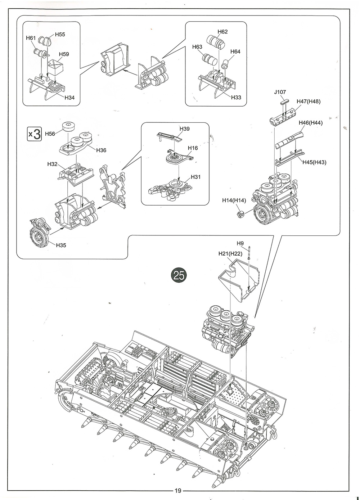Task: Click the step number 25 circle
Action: click(x=179, y=275)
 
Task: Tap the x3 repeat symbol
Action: click(x=35, y=134)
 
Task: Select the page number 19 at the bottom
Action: click(x=178, y=490)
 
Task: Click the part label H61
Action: click(x=31, y=38)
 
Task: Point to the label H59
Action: click(x=64, y=54)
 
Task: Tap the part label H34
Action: click(x=70, y=98)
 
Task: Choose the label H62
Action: click(x=222, y=32)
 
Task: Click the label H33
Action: click(x=236, y=98)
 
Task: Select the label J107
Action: click(x=280, y=92)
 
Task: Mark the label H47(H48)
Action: click(x=308, y=102)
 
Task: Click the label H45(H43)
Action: click(x=314, y=162)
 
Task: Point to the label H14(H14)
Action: click(x=234, y=200)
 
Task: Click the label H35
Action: click(x=61, y=245)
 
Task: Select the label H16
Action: click(x=193, y=148)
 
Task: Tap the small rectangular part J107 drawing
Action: click(x=284, y=102)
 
